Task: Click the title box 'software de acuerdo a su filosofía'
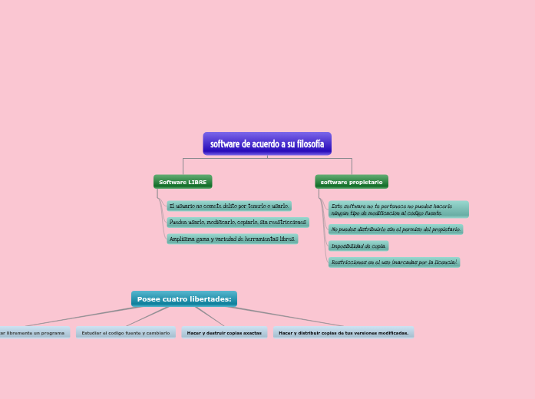tap(267, 143)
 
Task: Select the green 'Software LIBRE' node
tap(183, 182)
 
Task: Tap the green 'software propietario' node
tap(352, 182)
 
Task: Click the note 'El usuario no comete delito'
tap(229, 206)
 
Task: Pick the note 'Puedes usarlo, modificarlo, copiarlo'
tap(238, 223)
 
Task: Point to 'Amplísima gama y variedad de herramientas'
tap(232, 239)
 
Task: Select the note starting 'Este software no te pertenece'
tap(398, 209)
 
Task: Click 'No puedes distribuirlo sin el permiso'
tap(395, 229)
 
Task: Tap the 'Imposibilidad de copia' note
tap(358, 246)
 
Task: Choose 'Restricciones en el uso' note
tap(394, 262)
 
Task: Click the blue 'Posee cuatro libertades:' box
tap(184, 298)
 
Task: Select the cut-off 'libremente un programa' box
tap(34, 333)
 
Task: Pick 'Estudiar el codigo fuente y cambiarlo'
tap(126, 333)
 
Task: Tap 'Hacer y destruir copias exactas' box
tap(224, 333)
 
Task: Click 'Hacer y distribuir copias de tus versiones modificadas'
tap(343, 333)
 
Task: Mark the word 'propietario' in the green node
tap(366, 182)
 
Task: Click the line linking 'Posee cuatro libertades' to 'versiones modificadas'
tap(284, 316)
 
